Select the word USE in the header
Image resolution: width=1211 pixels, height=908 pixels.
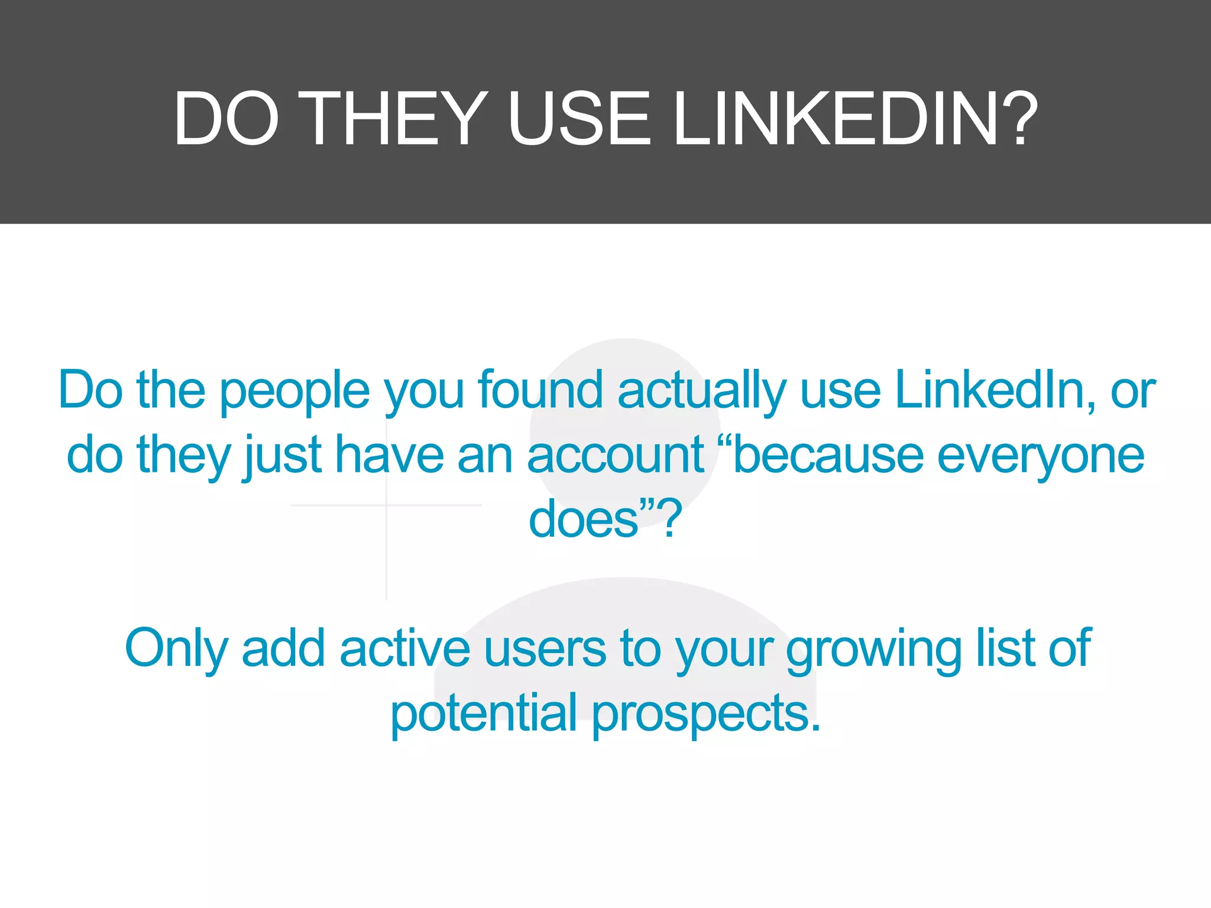[579, 118]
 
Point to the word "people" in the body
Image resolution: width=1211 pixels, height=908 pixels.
[295, 392]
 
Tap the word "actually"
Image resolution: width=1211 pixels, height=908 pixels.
[702, 392]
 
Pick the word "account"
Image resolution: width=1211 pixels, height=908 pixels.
[616, 456]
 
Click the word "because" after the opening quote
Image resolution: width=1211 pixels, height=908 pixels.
[828, 455]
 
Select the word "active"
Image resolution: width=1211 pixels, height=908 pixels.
[404, 648]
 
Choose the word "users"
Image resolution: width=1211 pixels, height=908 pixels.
[545, 649]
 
